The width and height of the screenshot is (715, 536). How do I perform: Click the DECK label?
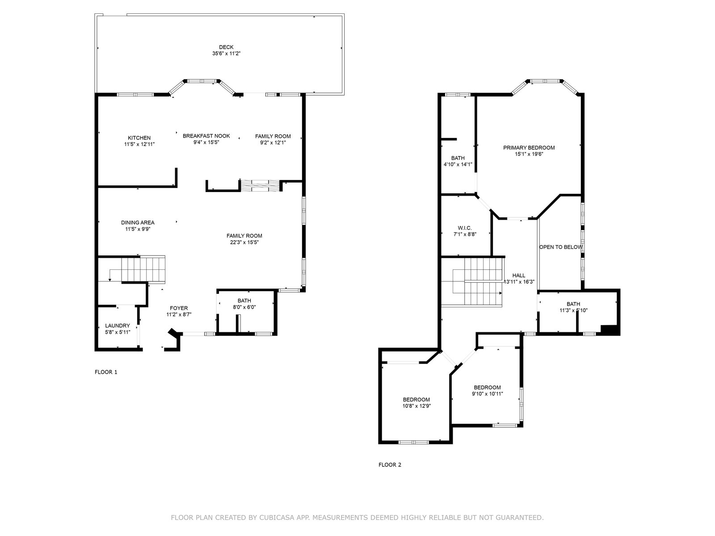[x=226, y=47]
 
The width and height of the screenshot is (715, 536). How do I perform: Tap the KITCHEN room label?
[x=139, y=138]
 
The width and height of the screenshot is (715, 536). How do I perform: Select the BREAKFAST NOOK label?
[x=206, y=136]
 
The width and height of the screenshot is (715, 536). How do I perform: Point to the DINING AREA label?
[x=138, y=222]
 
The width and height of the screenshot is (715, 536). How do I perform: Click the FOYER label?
[x=179, y=308]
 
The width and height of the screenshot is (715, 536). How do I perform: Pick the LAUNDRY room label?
[x=118, y=326]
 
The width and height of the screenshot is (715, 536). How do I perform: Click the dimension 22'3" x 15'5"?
[x=244, y=242]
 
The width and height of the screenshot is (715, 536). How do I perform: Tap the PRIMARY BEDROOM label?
[x=529, y=148]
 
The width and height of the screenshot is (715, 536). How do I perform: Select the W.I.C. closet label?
[x=465, y=228]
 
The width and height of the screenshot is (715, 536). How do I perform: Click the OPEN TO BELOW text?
[x=561, y=247]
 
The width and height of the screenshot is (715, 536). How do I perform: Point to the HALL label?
[x=519, y=276]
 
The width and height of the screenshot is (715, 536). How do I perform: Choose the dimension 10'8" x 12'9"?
[x=416, y=406]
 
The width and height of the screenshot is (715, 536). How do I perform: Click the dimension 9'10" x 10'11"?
[x=487, y=394]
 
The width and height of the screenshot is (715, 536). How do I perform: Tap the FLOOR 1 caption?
[x=106, y=372]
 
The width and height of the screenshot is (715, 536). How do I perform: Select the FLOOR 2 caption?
[x=390, y=465]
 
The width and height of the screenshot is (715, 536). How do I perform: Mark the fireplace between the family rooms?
[x=260, y=185]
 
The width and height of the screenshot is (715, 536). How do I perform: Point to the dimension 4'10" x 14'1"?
[x=458, y=164]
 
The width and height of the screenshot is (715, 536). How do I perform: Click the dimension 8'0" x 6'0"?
[x=244, y=307]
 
